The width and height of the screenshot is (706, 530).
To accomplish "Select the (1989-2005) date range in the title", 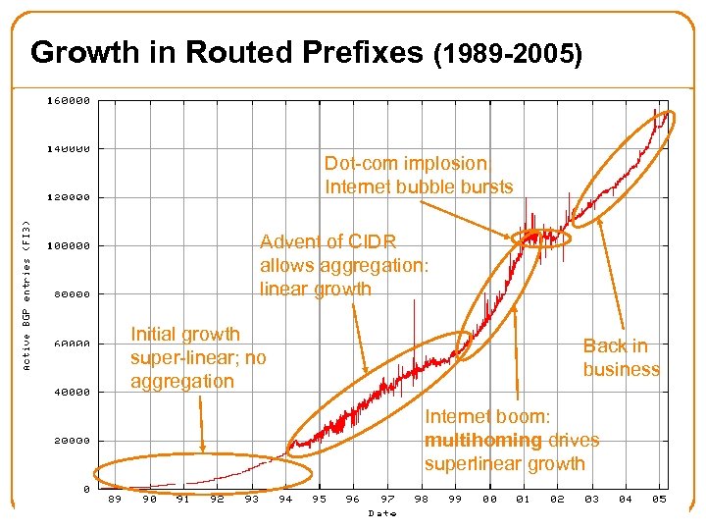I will point(507,55).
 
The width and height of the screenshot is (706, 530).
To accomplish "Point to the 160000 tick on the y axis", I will point(70,100).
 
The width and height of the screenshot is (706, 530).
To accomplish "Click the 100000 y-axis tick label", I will point(70,245).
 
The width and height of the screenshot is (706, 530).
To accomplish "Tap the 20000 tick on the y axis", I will point(72,441).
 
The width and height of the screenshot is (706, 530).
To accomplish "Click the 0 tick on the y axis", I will point(86,489).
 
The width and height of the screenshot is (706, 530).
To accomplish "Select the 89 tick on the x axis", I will point(116,499).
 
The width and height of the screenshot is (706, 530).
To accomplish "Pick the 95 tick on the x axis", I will point(319,499).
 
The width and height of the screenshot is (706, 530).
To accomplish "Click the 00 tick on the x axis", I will point(489,499).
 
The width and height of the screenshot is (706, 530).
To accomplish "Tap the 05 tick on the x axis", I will point(659,499).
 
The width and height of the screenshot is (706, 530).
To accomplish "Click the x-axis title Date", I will point(381,512).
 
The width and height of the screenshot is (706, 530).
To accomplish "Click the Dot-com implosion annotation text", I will point(405,163).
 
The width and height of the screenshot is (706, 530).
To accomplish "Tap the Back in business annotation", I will point(620,357).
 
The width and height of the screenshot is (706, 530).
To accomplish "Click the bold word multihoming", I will point(482,440).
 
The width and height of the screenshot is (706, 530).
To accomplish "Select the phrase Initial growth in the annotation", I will point(184,334).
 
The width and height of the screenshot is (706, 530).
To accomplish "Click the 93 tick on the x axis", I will point(251,499).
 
